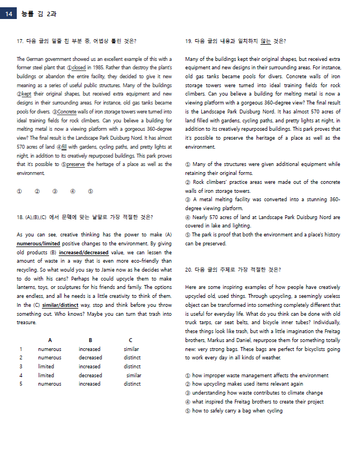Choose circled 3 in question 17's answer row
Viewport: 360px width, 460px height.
coord(55,191)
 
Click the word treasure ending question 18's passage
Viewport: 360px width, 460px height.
coord(26,323)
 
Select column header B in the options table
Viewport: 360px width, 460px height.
coord(90,340)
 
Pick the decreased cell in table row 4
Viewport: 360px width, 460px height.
coord(90,375)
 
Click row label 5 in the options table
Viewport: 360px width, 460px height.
coord(21,384)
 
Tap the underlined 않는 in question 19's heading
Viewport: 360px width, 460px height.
coord(266,41)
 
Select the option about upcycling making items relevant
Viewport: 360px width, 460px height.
coord(246,384)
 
